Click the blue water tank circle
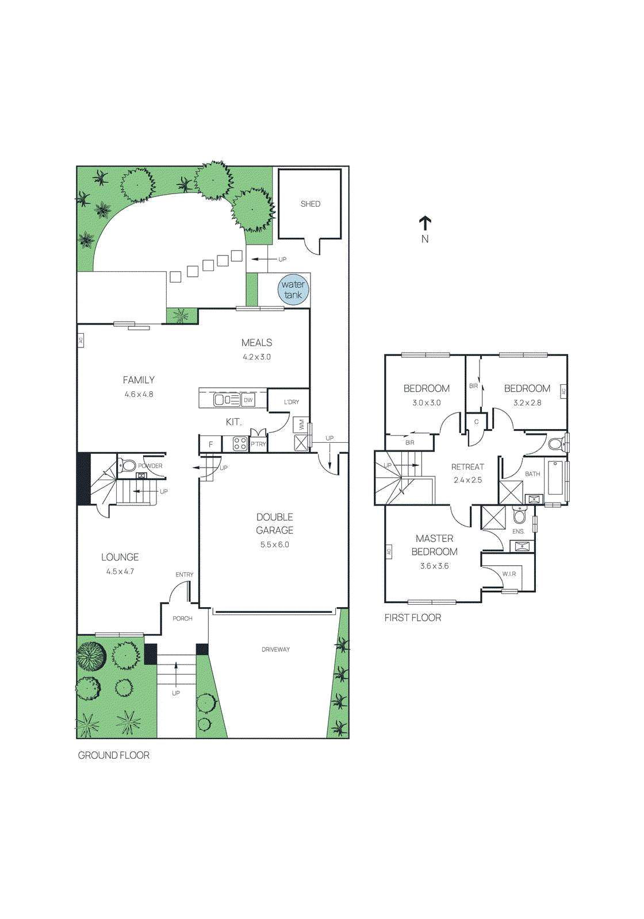click(293, 289)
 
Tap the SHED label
click(310, 204)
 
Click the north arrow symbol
click(425, 223)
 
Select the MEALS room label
click(256, 343)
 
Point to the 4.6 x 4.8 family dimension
click(139, 395)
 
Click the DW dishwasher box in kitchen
click(248, 400)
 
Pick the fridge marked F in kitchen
click(210, 444)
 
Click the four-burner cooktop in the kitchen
click(240, 443)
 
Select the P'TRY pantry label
click(258, 444)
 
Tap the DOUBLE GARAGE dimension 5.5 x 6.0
click(274, 545)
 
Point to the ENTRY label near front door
click(185, 574)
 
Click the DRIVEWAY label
click(275, 650)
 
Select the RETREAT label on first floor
click(467, 467)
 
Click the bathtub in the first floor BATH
click(555, 477)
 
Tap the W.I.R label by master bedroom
click(509, 574)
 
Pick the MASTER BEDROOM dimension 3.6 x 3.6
click(434, 566)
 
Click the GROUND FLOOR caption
click(114, 755)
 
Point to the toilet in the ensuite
click(519, 515)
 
